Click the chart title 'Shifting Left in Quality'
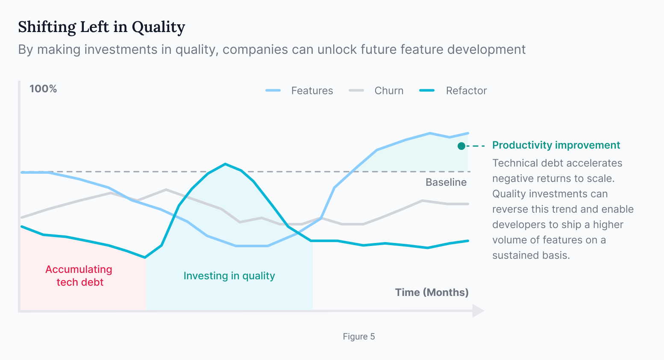(x=101, y=27)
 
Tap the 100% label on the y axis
(x=43, y=89)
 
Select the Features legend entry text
(x=312, y=91)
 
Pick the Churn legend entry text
(x=389, y=91)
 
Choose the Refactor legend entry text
(x=466, y=91)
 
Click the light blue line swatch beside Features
(x=273, y=91)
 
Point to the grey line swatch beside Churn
(x=356, y=91)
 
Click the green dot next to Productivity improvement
(x=461, y=146)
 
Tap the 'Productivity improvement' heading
(x=556, y=145)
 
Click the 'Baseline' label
(x=446, y=182)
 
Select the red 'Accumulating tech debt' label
(x=79, y=276)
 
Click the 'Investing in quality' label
(x=229, y=276)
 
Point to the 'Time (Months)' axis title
(x=432, y=293)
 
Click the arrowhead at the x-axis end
(x=478, y=311)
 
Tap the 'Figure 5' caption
(x=358, y=337)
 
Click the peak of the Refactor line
(x=225, y=164)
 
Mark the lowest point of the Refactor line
(x=145, y=258)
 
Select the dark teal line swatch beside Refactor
(x=427, y=91)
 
